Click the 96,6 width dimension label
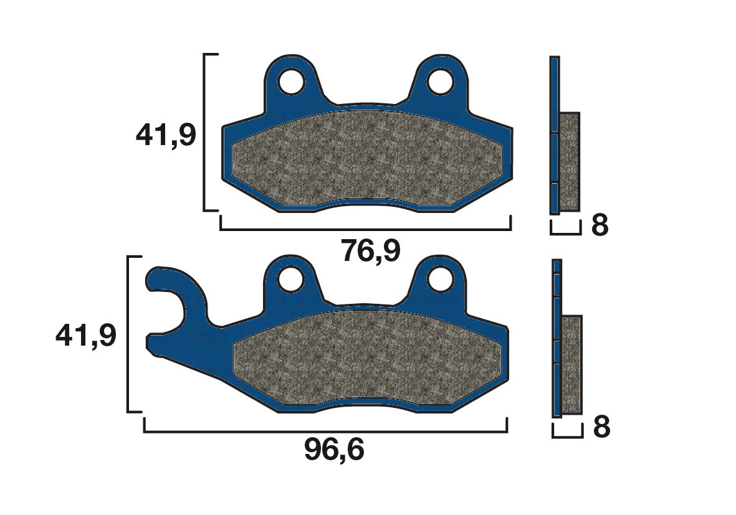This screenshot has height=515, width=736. [334, 450]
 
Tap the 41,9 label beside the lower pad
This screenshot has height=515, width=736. [86, 336]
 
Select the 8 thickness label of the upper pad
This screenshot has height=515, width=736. [599, 226]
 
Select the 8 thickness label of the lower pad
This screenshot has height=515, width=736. [601, 428]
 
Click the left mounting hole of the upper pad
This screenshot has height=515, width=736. [291, 81]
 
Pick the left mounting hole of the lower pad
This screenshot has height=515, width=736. [290, 278]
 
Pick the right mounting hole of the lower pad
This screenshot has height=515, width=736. [441, 277]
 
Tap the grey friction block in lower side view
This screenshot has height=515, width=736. [571, 364]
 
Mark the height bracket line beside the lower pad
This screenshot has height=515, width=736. [128, 334]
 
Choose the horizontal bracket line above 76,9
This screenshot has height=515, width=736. [365, 230]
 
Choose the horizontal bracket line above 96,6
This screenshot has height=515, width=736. [325, 432]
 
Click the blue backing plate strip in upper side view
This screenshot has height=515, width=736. [554, 135]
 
